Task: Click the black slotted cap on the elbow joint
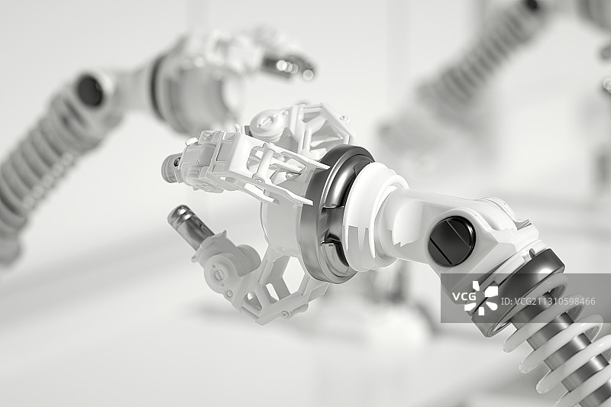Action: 451,241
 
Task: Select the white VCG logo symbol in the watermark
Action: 481,298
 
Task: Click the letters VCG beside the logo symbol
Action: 464,297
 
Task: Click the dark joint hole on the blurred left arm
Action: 90,90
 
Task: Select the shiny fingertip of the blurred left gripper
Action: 289,66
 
